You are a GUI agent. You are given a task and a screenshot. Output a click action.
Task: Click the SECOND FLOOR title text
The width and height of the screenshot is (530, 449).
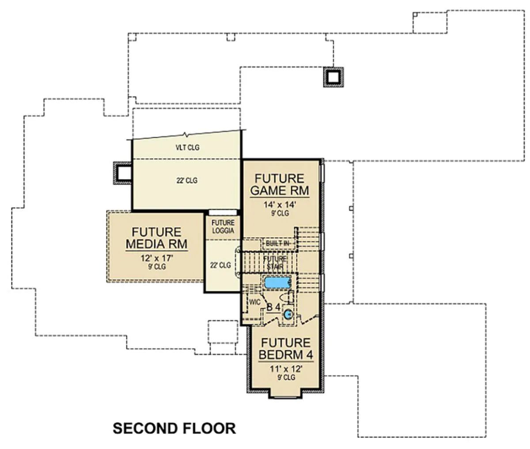click(x=174, y=429)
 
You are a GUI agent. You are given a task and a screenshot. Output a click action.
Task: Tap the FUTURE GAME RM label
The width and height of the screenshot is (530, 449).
click(x=280, y=185)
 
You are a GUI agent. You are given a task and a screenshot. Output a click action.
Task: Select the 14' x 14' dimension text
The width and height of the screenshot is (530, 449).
click(x=280, y=205)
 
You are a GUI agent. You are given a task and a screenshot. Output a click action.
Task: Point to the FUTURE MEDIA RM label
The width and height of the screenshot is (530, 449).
click(x=157, y=238)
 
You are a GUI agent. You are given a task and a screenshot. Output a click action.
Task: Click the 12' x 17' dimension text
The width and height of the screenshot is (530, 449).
click(x=157, y=258)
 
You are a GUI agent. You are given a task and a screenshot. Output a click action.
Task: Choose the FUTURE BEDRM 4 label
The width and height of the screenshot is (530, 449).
click(x=286, y=349)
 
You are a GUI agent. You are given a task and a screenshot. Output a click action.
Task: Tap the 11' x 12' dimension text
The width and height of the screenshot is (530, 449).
click(x=286, y=369)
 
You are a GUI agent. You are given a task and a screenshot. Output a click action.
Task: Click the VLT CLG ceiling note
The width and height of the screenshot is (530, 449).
click(x=187, y=147)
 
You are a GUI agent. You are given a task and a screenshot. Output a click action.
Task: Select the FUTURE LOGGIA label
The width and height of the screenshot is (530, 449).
click(x=223, y=226)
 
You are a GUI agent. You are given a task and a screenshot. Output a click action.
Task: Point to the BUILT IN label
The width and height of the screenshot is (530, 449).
click(x=277, y=243)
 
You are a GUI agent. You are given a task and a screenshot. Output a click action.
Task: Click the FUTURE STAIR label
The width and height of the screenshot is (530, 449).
click(x=275, y=263)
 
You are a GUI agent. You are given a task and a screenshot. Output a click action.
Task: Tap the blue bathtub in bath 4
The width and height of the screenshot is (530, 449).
click(x=278, y=283)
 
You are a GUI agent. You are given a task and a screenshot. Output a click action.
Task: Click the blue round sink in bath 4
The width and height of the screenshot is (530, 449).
click(x=288, y=314)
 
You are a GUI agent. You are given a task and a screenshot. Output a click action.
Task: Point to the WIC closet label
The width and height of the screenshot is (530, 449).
click(x=254, y=302)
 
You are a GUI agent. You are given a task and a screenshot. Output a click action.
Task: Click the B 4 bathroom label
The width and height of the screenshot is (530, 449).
click(x=273, y=307)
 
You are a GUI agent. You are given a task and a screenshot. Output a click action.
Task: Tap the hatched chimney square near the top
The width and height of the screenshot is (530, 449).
click(x=333, y=77)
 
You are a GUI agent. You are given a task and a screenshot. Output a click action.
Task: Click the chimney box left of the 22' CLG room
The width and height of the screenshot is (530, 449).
click(x=123, y=173)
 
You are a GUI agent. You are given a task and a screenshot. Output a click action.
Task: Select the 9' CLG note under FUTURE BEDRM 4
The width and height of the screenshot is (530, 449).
click(x=286, y=377)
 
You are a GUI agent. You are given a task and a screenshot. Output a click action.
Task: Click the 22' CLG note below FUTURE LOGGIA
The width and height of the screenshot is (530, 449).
click(x=220, y=265)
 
